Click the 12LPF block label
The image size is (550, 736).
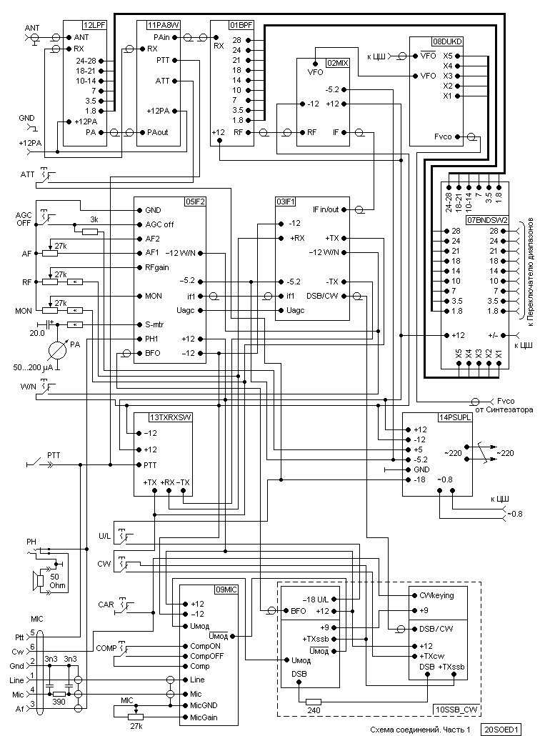pyautogui.click(x=94, y=25)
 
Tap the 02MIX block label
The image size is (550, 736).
pyautogui.click(x=338, y=63)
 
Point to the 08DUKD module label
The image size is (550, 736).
pyautogui.click(x=447, y=41)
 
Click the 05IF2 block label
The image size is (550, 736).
pyautogui.click(x=195, y=202)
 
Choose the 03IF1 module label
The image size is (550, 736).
pyautogui.click(x=286, y=202)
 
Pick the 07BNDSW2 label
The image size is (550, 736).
pyautogui.click(x=488, y=219)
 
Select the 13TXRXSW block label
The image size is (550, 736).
pyautogui.click(x=171, y=417)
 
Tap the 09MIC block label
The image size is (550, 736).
pyautogui.click(x=226, y=590)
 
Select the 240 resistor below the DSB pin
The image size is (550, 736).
pyautogui.click(x=313, y=702)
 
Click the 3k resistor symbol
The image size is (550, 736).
pyautogui.click(x=90, y=232)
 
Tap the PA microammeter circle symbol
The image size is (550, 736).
pyautogui.click(x=58, y=349)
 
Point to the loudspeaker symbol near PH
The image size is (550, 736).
pyautogui.click(x=39, y=581)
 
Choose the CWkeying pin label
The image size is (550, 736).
pyautogui.click(x=436, y=595)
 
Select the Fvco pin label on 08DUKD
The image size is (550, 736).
pyautogui.click(x=443, y=136)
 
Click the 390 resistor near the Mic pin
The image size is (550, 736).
pyautogui.click(x=59, y=694)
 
